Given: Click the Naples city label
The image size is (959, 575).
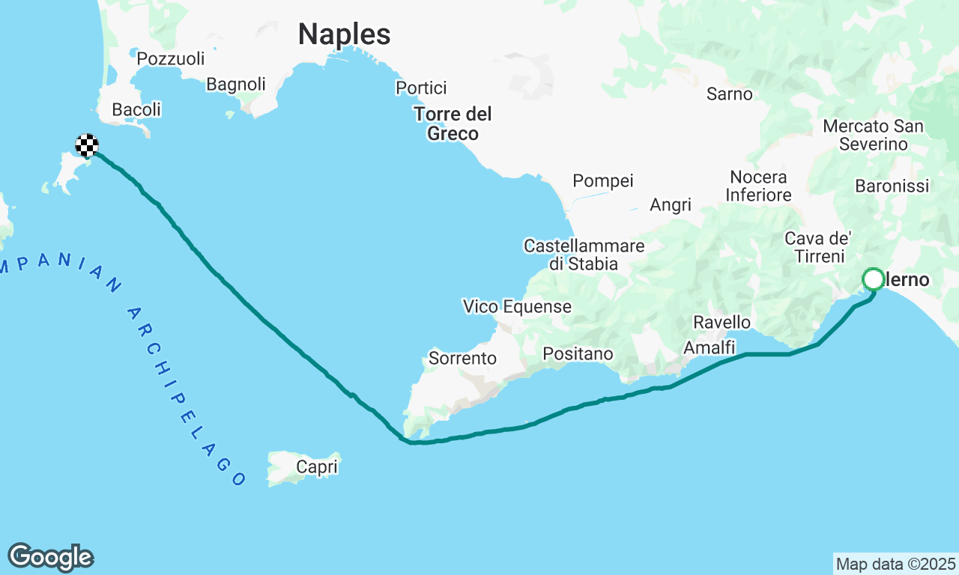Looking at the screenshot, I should pyautogui.click(x=344, y=34).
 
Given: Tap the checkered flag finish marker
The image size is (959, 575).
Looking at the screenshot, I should pyautogui.click(x=87, y=144).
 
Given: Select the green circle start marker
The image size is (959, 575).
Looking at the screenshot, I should pyautogui.click(x=874, y=279).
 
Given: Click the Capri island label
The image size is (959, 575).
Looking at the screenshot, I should pyautogui.click(x=316, y=467).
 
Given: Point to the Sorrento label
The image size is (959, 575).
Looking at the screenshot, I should pyautogui.click(x=462, y=359).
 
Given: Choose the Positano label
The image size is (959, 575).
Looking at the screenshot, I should pyautogui.click(x=578, y=353).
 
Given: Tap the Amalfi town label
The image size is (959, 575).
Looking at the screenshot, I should pyautogui.click(x=709, y=347).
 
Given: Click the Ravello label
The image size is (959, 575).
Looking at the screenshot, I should pyautogui.click(x=721, y=322).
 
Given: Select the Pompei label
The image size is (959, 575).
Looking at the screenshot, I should pyautogui.click(x=602, y=180).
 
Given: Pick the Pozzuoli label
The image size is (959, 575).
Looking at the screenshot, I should pyautogui.click(x=171, y=58).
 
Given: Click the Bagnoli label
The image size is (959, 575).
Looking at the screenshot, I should pyautogui.click(x=236, y=85).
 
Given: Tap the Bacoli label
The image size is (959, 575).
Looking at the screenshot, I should pyautogui.click(x=136, y=110).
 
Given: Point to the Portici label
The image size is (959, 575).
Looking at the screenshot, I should pyautogui.click(x=421, y=88).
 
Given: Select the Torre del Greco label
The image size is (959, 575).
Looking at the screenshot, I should pyautogui.click(x=453, y=124).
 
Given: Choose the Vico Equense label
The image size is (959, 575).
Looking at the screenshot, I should pyautogui.click(x=517, y=306).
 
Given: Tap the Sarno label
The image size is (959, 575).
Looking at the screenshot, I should pyautogui.click(x=729, y=94).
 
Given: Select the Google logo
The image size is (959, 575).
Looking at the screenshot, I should pyautogui.click(x=50, y=557).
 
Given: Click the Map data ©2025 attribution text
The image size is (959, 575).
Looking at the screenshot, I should pyautogui.click(x=895, y=564).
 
